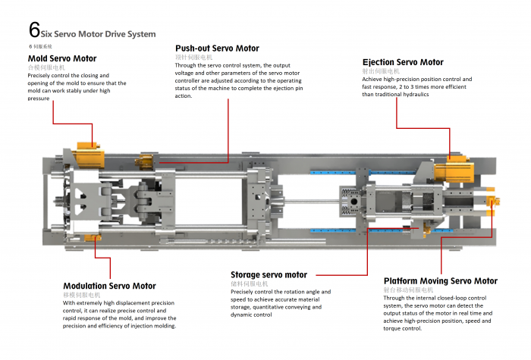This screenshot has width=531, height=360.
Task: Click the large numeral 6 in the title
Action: (x=34, y=30)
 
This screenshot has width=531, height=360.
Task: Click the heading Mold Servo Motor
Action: (x=62, y=58)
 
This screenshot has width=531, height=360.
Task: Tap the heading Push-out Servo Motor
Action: (x=217, y=49)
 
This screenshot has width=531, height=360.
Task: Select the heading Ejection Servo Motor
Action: (x=403, y=62)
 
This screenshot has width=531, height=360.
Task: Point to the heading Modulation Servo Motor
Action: (x=109, y=286)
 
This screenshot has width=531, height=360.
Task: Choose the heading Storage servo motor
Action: (x=269, y=274)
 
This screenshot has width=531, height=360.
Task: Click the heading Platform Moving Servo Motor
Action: (x=441, y=280)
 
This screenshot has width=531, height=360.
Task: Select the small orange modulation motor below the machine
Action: (x=93, y=239)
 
